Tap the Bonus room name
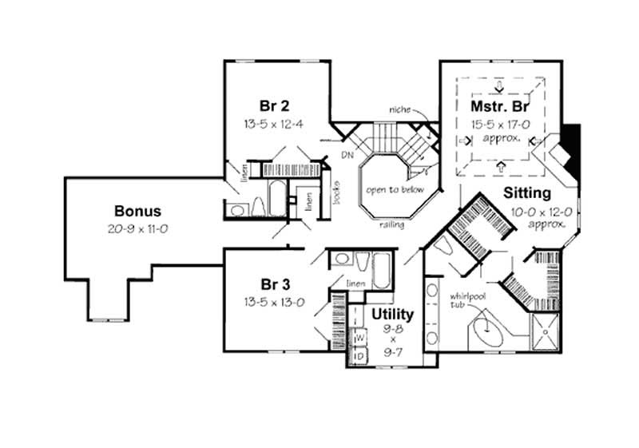[x=137, y=212]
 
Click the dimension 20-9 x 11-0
[x=137, y=229]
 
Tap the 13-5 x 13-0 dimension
[x=274, y=303]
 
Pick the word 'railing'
[x=392, y=225]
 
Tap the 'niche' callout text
[x=399, y=109]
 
